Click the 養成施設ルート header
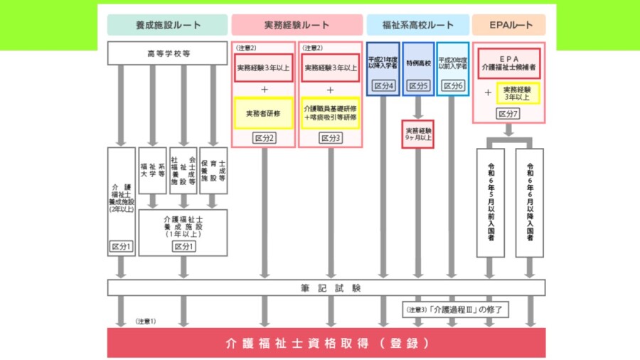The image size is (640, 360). tap(167, 25)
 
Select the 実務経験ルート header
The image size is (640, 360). tap(297, 25)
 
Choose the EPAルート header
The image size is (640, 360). tap(508, 25)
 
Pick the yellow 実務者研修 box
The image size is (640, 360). tap(263, 113)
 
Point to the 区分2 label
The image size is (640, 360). tap(263, 137)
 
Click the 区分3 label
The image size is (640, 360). tap(330, 137)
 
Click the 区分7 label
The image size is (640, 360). tap(508, 113)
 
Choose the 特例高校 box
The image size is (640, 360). tap(417, 63)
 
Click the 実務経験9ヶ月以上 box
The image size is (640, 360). tap(417, 134)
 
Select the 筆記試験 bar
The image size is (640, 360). tap(326, 287)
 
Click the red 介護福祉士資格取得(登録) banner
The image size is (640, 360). tap(326, 342)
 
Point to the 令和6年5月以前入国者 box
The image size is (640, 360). tap(490, 202)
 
